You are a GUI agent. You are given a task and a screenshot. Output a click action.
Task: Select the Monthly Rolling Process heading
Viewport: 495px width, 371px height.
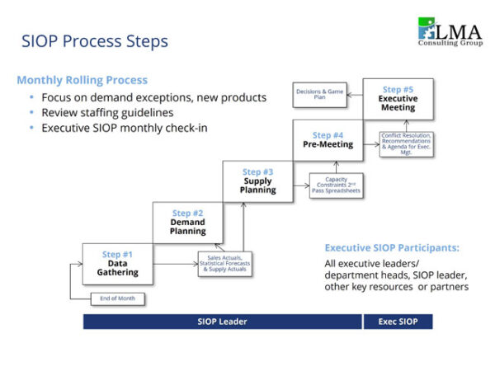(82, 80)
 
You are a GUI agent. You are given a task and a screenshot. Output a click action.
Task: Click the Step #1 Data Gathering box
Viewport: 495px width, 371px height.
(116, 263)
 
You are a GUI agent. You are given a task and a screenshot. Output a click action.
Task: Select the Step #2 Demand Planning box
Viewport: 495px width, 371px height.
(187, 223)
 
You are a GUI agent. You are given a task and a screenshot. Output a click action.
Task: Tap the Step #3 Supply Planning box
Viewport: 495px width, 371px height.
(257, 181)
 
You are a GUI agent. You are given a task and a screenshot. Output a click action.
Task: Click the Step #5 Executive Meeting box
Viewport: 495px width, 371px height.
(398, 98)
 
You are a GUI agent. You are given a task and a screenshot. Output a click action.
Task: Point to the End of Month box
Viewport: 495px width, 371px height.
(118, 298)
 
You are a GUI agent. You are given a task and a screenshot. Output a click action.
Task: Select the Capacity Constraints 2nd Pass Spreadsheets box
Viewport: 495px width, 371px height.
(336, 185)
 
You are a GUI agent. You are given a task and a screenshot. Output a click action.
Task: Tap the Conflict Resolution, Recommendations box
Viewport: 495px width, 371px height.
(406, 143)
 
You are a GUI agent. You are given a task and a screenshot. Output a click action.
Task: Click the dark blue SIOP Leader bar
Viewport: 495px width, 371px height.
(222, 322)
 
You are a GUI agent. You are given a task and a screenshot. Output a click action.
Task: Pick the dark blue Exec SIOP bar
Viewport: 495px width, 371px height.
(398, 322)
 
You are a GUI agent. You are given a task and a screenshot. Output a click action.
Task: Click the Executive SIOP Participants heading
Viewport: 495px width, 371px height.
(391, 247)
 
